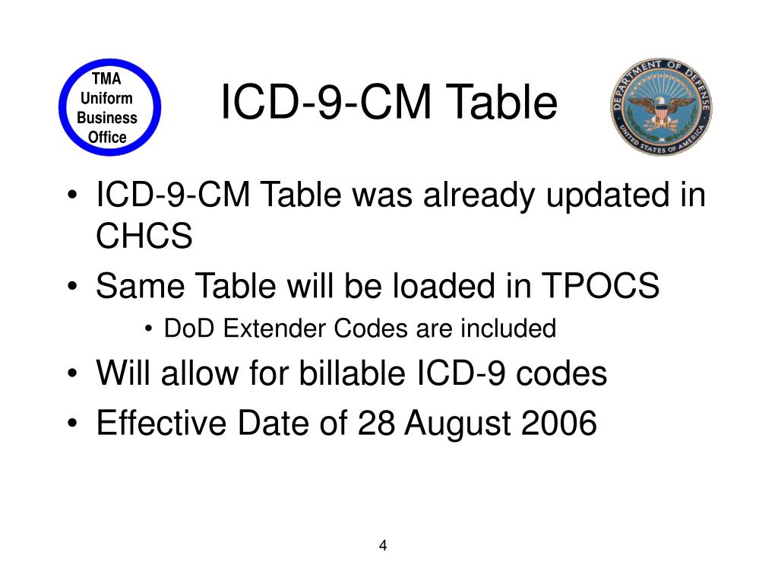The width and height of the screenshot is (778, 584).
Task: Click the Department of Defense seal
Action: point(660,107)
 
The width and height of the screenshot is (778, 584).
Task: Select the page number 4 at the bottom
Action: point(383,546)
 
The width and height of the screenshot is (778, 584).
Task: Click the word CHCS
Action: point(144,237)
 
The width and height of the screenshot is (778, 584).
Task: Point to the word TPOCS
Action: point(600,287)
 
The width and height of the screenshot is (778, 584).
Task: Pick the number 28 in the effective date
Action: point(376,424)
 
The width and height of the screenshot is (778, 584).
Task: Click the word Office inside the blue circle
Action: point(108,138)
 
